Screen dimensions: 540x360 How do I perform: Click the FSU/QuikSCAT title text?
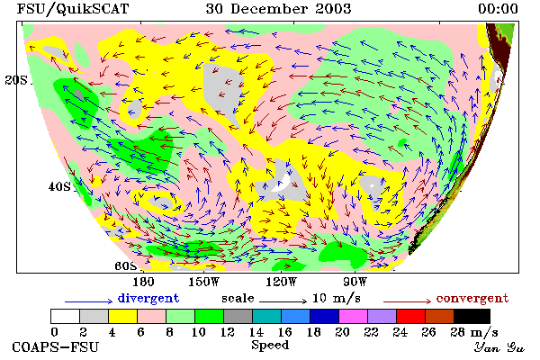point(73,9)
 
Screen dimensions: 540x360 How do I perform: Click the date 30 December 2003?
point(278,9)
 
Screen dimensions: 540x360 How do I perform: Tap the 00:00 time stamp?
point(498,9)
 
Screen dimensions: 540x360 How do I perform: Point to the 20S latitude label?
point(16,80)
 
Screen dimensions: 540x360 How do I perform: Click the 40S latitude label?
point(59,186)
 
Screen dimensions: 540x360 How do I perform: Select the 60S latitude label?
point(126,266)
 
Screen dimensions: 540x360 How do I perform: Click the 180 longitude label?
point(143,282)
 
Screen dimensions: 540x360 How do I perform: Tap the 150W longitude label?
point(204,282)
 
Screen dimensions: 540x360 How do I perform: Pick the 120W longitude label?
point(281,282)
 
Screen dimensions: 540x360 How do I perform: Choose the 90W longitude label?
point(355,282)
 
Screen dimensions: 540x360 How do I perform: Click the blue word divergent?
point(148,298)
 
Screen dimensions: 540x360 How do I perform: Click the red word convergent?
point(472,298)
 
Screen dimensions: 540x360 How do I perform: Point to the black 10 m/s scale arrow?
point(283,301)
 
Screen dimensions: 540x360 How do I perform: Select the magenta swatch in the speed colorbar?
point(354,316)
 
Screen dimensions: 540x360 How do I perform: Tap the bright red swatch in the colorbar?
point(411,316)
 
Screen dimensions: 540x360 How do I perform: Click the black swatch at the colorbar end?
point(472,316)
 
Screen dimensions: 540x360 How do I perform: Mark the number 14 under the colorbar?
point(256,332)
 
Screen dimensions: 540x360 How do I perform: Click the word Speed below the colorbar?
point(270,346)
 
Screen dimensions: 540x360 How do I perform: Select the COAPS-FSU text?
point(56,346)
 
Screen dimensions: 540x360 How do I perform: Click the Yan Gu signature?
point(499,347)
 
